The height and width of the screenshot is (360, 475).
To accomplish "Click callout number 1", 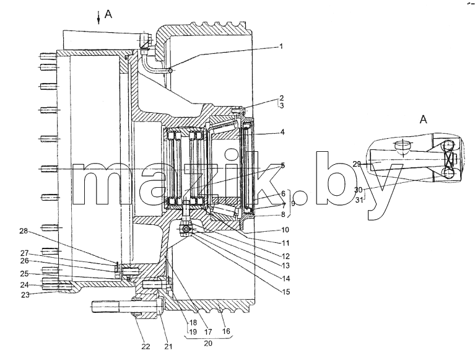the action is [281, 46].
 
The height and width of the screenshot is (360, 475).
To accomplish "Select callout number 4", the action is [282, 132].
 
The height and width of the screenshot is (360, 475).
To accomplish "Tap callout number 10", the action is [285, 230].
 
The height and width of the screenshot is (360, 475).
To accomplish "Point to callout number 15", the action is [285, 291].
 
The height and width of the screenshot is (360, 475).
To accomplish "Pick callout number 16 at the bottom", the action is [226, 331].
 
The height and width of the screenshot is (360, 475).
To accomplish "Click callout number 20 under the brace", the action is [208, 343].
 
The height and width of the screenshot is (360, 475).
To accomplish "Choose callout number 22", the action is [146, 346].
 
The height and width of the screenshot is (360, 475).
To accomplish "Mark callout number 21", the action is [168, 346].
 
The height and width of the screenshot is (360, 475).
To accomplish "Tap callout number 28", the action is [24, 231].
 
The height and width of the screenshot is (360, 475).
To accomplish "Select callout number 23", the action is [25, 294].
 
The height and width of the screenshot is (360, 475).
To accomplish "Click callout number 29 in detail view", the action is [357, 164].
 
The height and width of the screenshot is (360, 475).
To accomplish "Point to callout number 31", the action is [359, 200].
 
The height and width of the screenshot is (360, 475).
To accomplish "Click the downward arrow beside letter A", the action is [98, 17].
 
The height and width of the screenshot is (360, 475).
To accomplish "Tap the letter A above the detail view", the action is [423, 120].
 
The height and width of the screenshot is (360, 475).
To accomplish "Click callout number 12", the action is [285, 256].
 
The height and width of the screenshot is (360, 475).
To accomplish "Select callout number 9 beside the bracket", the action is [293, 203].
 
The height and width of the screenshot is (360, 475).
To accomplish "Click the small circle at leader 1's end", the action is [171, 71].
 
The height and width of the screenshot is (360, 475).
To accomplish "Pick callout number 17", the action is [208, 331].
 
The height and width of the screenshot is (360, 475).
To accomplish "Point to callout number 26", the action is [24, 261].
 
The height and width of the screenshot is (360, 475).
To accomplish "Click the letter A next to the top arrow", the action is [108, 14].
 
